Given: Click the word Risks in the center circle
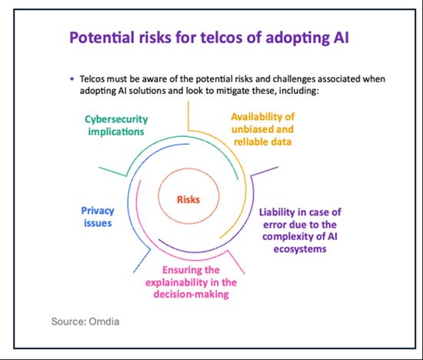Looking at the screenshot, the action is (188, 200).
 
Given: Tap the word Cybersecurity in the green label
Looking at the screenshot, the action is (116, 119).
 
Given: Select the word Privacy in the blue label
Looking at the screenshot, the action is (98, 211).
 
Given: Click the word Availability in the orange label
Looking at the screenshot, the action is (258, 117).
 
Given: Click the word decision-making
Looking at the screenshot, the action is (192, 294).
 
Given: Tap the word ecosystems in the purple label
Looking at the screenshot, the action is (300, 248).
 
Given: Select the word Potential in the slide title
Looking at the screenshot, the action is (102, 37).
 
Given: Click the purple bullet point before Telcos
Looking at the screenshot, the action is (72, 79).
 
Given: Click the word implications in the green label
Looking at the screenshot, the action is (116, 132).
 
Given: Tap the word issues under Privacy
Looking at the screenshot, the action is (98, 223).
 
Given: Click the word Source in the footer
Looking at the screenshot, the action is (68, 322).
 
